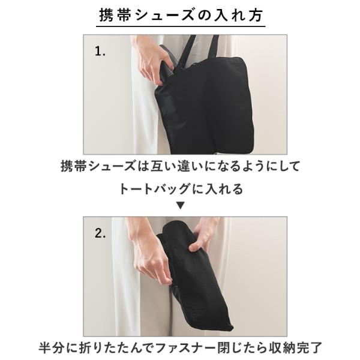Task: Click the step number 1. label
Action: [x=100, y=51]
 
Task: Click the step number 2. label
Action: [x=100, y=233]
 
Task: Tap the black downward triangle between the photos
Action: [x=181, y=205]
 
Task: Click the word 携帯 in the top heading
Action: [x=115, y=15]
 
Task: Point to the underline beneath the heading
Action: [x=181, y=26]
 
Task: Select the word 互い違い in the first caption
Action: [x=176, y=166]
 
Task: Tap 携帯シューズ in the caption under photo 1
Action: [x=98, y=166]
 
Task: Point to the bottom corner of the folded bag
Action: [x=232, y=328]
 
